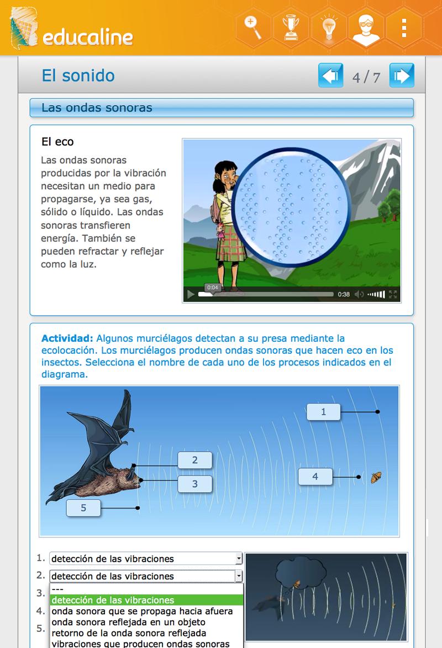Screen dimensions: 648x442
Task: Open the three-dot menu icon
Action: tap(404, 27)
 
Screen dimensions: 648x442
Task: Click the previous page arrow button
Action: tap(330, 76)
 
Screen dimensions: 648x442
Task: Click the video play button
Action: tap(191, 294)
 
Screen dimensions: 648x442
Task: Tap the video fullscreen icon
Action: tap(393, 294)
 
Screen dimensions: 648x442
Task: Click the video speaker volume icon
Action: tap(359, 294)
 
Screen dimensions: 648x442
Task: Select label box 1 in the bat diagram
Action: tap(324, 412)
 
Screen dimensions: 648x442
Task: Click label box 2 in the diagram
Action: tap(194, 460)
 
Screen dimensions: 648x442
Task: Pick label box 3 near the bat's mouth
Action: tap(194, 484)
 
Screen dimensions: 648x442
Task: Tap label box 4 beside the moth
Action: tap(315, 476)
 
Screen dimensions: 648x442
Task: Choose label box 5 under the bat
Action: tap(83, 508)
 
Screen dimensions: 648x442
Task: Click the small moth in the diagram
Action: tap(376, 477)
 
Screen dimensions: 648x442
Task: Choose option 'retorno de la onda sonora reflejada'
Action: tap(128, 633)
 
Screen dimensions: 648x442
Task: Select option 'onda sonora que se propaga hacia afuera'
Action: tap(142, 611)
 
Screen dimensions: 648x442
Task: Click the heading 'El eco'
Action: tap(57, 142)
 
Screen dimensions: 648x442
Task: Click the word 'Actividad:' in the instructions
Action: tap(67, 338)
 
